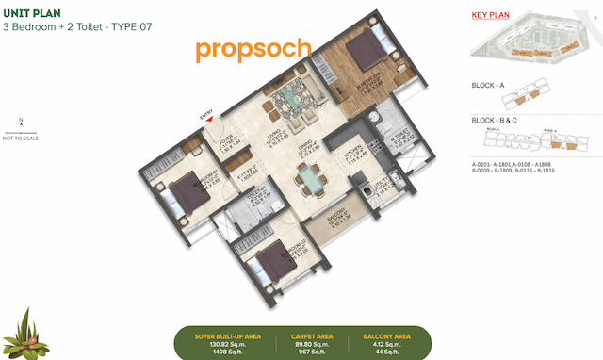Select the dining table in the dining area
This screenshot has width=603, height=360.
308,176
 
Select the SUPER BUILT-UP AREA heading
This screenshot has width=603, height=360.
222,335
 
